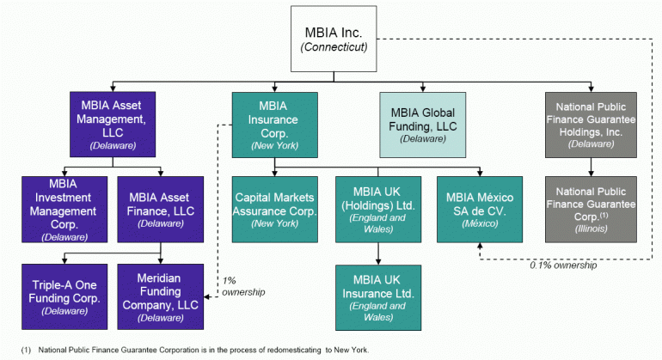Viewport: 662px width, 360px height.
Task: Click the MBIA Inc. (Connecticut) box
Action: coord(334,39)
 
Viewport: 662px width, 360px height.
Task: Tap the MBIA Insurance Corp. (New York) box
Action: coord(274,124)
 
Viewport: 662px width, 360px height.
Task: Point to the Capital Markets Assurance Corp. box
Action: coord(274,208)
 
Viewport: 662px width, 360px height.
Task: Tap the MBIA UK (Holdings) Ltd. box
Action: coord(379,208)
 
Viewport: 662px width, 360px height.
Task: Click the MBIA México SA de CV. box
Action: coord(477,208)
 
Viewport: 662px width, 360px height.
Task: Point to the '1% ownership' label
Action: coord(242,286)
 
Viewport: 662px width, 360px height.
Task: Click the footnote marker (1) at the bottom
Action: coord(27,350)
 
